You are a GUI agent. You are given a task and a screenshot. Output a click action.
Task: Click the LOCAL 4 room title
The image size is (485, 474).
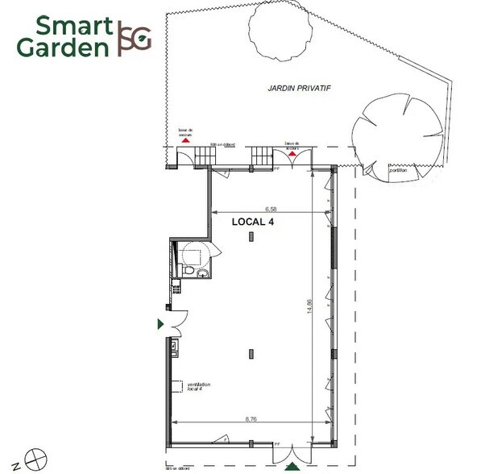pyautogui.click(x=254, y=222)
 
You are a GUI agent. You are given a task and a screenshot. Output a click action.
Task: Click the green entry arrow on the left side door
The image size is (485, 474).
pyautogui.click(x=161, y=323)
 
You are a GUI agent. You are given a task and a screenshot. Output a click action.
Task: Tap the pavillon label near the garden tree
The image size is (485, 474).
pyautogui.click(x=398, y=169)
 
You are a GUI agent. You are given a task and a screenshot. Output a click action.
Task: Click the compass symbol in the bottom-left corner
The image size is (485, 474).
pyautogui.click(x=34, y=459)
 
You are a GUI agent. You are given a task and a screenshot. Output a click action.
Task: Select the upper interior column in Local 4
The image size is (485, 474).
pyautogui.click(x=252, y=235)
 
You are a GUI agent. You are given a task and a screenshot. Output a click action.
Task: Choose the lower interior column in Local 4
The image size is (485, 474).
pyautogui.click(x=252, y=352)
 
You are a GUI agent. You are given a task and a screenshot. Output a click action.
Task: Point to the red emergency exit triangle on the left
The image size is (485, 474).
pyautogui.click(x=186, y=139)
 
